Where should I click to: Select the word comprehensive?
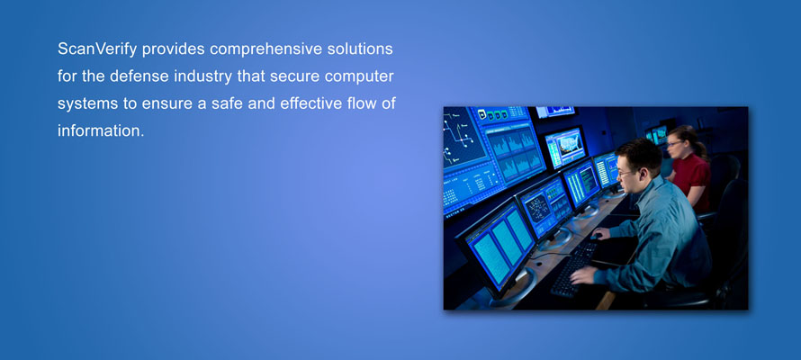(x=266, y=49)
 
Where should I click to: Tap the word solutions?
(x=360, y=49)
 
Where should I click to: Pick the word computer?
(x=360, y=77)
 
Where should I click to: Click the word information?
(x=101, y=131)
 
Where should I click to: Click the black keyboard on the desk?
(x=573, y=268)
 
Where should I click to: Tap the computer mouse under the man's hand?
(x=596, y=237)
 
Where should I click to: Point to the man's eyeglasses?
(x=626, y=173)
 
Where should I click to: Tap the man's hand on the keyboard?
(x=583, y=275)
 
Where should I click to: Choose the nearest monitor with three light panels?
(x=499, y=246)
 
